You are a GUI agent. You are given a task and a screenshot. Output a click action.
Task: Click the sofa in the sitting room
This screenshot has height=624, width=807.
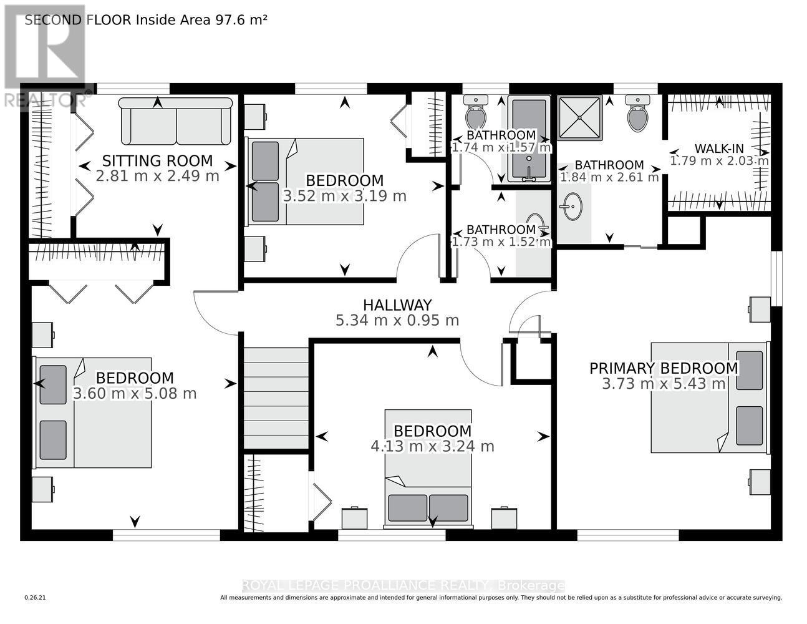coord(175,121)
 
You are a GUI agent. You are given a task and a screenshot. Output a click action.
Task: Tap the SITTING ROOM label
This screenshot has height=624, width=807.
coord(157,161)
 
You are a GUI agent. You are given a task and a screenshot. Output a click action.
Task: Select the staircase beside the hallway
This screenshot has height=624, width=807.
coord(276,398)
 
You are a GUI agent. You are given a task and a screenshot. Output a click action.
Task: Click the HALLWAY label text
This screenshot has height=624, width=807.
coord(397,305)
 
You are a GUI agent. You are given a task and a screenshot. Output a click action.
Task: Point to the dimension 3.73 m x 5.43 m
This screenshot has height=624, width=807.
coord(664,383)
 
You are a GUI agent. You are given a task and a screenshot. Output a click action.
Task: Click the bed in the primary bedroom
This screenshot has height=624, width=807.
coord(709,397)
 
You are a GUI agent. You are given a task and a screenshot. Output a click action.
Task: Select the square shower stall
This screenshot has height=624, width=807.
coord(579,118)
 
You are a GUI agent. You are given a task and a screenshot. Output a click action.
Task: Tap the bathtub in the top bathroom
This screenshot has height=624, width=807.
coord(529,139)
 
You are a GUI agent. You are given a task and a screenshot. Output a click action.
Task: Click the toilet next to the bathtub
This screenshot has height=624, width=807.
coord(476,112)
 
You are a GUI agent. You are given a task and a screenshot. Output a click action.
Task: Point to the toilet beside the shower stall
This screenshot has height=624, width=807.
coord(637,113)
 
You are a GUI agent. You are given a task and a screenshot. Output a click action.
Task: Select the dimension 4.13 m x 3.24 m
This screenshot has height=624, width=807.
coord(432,446)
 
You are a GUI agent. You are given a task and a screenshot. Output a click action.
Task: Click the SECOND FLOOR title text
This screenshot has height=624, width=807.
coord(146,20)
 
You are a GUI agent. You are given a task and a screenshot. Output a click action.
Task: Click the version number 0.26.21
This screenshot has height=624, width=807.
coord(35,598)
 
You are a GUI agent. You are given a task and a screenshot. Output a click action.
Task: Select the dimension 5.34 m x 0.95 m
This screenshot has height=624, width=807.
coord(397,320)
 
